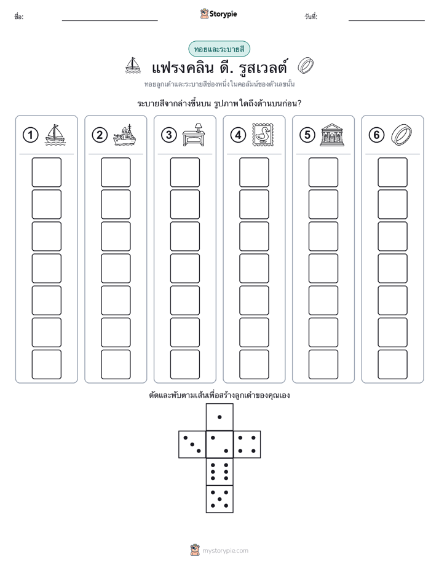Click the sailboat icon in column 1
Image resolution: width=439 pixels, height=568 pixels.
(x=55, y=135)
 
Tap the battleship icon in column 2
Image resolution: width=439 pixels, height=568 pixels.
(x=124, y=135)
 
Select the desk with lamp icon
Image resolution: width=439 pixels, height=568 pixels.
(x=194, y=135)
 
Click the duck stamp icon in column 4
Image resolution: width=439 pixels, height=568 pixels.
(x=263, y=135)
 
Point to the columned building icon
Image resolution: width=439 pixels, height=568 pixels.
(x=332, y=135)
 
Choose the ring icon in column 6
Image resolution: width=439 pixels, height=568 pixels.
(x=401, y=135)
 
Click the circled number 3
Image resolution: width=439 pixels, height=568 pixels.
(x=169, y=135)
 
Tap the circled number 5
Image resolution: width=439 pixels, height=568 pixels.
(x=307, y=135)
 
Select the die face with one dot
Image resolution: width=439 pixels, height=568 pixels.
(x=219, y=417)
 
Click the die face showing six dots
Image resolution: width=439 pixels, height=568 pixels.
(x=219, y=471)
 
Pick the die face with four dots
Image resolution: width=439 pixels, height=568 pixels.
(x=247, y=444)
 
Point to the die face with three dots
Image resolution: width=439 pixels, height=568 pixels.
(x=192, y=444)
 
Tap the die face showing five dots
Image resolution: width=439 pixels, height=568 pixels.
(x=219, y=499)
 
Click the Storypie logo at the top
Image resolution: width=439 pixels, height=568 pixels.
(x=218, y=14)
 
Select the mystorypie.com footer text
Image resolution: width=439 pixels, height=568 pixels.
(x=225, y=551)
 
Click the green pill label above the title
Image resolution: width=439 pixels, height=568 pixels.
(x=219, y=49)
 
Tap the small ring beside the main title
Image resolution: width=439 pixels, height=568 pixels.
(x=306, y=66)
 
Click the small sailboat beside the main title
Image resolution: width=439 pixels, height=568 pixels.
(x=133, y=65)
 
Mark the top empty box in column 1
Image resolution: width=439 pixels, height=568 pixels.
(x=46, y=172)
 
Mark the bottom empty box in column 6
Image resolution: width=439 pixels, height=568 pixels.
(x=393, y=365)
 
